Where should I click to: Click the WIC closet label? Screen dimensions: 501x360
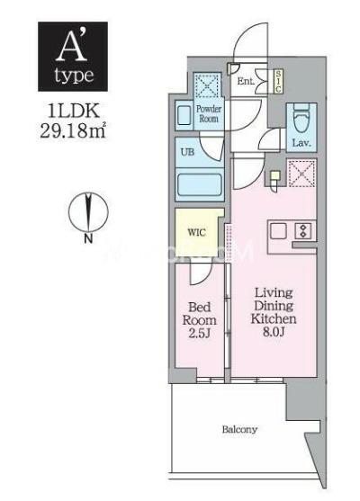click(196, 231)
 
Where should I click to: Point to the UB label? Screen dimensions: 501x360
click(187, 152)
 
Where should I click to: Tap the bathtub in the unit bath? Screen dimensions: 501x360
click(199, 188)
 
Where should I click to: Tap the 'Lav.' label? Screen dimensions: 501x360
click(301, 143)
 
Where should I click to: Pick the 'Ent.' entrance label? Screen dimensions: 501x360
click(245, 83)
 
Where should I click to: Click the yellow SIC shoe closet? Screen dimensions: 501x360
click(278, 81)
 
